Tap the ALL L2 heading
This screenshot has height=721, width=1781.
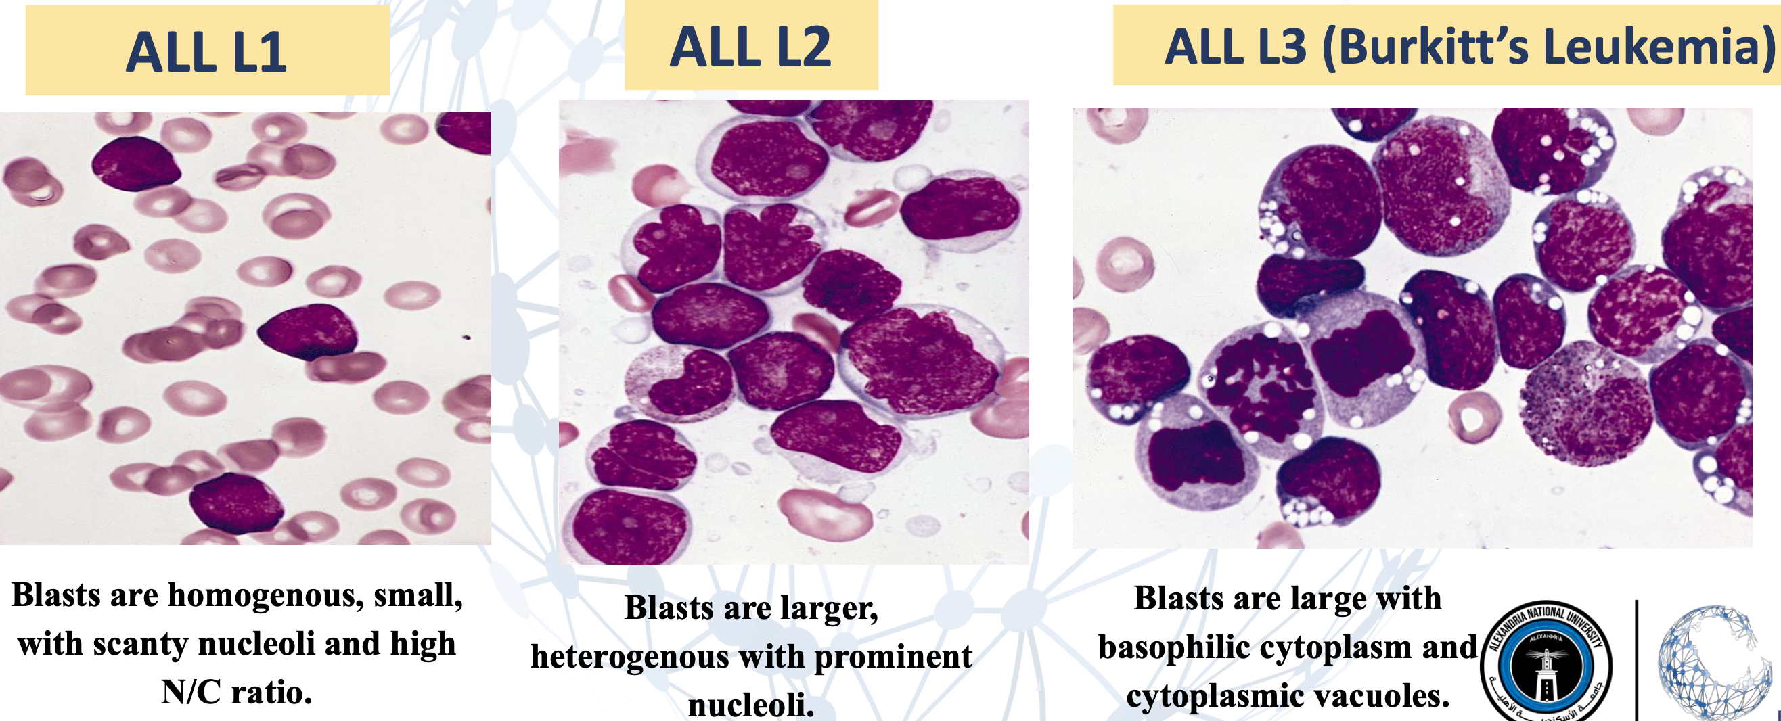750,47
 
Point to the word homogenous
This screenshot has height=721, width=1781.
265,595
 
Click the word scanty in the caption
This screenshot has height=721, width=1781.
140,645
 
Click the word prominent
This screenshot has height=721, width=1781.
893,657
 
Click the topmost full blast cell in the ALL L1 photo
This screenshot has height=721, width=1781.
136,164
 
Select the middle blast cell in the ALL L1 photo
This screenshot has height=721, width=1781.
309,332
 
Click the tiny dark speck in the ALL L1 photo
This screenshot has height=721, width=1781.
467,338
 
